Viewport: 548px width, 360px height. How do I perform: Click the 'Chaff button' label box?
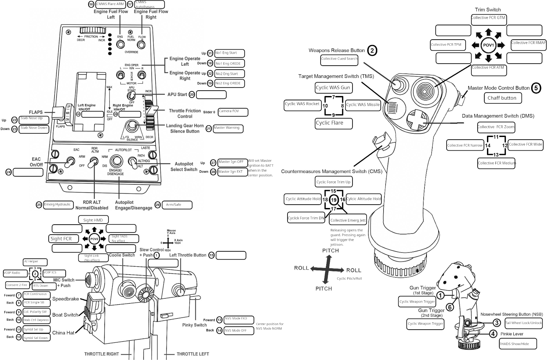(502, 98)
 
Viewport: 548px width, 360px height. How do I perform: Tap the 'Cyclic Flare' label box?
(334, 123)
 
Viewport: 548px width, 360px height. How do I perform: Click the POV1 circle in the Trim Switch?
(488, 45)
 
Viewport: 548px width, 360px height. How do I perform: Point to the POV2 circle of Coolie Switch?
(94, 239)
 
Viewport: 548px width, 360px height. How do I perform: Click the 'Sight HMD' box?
(93, 220)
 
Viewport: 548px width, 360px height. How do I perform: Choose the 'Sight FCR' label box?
(64, 239)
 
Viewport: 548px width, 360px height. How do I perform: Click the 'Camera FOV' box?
(233, 112)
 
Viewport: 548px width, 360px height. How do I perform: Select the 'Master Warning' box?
(228, 128)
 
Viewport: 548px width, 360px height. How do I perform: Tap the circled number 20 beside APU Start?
(192, 95)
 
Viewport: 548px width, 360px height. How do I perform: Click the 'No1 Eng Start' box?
(229, 53)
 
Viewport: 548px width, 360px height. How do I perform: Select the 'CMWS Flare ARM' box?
(110, 4)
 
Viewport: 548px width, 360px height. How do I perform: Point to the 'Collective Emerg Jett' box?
(348, 220)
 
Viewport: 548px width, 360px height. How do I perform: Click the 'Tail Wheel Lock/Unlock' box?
(523, 323)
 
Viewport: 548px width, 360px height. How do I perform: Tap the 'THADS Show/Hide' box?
(518, 344)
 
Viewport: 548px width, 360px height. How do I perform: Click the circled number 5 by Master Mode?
(536, 88)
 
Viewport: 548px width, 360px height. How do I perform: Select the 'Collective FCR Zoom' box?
(496, 127)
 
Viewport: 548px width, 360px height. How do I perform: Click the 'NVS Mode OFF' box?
(239, 331)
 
